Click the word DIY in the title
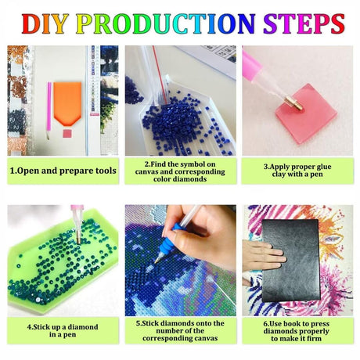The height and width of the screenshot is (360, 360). (x=45, y=23)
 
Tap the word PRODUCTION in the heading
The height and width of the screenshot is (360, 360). (x=166, y=23)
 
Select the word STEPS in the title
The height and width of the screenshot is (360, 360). (x=304, y=23)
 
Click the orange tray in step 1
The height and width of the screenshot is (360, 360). (x=67, y=103)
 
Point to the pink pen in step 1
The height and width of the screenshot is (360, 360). (x=49, y=110)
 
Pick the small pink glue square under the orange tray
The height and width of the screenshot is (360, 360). (x=67, y=133)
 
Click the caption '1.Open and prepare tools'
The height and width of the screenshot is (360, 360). (x=63, y=171)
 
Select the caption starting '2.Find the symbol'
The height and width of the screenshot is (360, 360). (x=180, y=171)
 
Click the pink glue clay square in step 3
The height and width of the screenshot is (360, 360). (x=307, y=113)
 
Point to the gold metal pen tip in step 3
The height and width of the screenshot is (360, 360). (x=293, y=103)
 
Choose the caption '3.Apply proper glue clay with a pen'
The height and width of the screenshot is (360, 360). (x=297, y=171)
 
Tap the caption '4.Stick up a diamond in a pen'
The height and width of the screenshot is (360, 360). (x=63, y=330)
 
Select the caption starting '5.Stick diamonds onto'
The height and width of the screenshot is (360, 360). (x=180, y=330)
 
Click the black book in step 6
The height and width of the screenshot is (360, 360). (x=291, y=261)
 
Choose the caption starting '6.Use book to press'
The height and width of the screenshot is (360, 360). (x=297, y=331)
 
